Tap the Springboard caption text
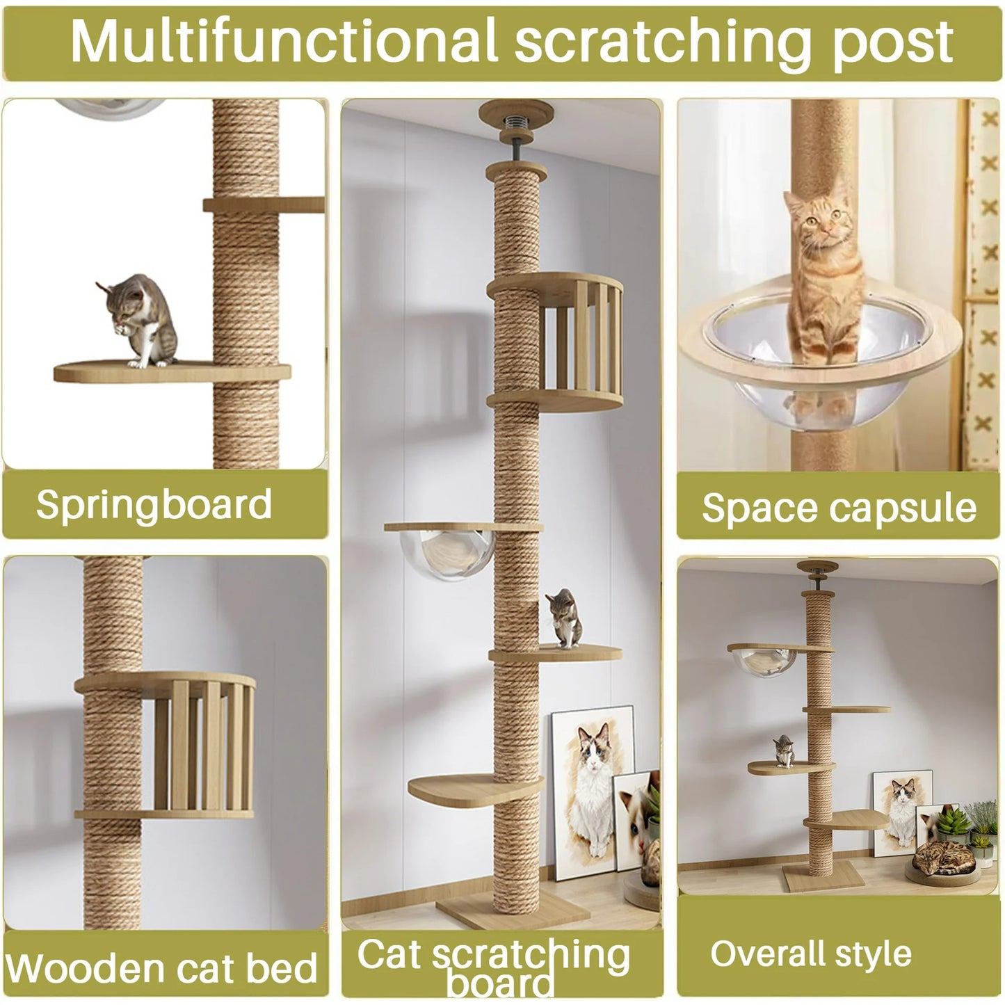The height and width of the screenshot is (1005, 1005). (x=154, y=504)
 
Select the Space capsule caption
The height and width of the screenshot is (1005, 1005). (x=839, y=508)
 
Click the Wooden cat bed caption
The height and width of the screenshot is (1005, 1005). (x=161, y=968)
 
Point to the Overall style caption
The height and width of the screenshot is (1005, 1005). (x=810, y=954)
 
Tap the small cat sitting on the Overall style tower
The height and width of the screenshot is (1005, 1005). (x=784, y=751)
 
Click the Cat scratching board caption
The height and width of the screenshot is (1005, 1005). (x=494, y=963)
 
